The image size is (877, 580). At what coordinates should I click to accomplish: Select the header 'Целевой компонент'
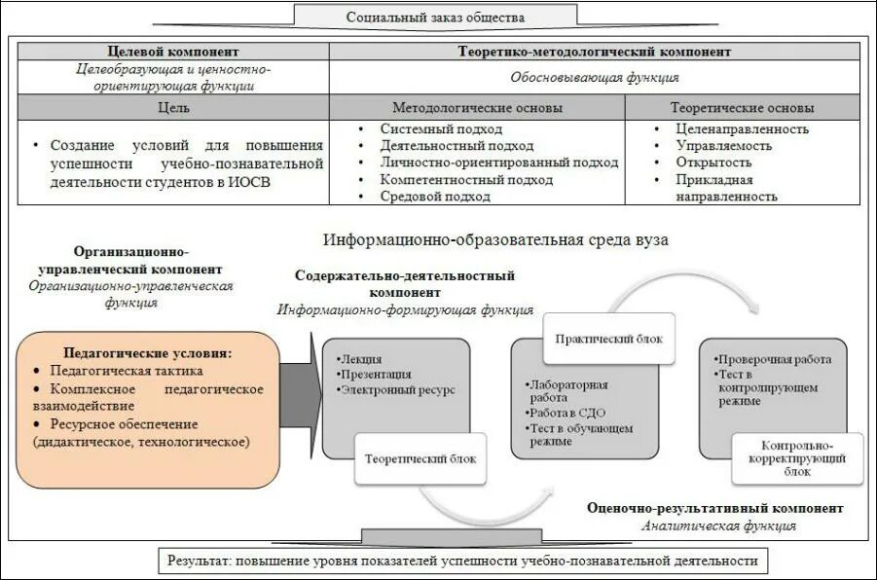[x=172, y=52]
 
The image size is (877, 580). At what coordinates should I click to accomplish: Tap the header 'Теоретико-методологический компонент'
[x=594, y=52]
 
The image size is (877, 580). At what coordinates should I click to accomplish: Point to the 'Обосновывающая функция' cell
[x=594, y=77]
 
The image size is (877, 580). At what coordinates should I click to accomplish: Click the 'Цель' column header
[x=172, y=107]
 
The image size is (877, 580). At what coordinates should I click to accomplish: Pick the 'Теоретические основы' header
[x=742, y=107]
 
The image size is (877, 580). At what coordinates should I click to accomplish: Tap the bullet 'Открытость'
[x=714, y=163]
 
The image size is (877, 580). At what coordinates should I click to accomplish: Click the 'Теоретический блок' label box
[x=420, y=457]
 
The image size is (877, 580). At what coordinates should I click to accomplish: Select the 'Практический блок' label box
[x=608, y=338]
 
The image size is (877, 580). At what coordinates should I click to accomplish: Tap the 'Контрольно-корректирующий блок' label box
[x=798, y=456]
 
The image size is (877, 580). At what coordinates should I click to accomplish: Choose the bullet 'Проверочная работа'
[x=774, y=358]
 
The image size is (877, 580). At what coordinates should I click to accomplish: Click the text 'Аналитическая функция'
[x=718, y=526]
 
